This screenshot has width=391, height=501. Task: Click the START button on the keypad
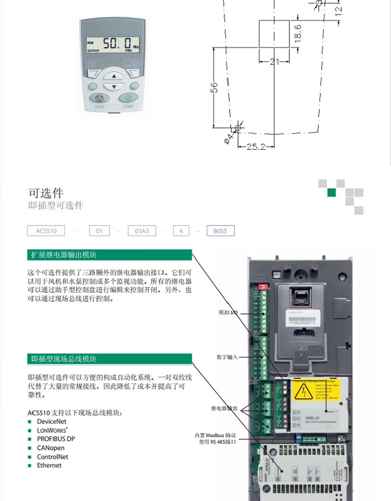click(x=128, y=98)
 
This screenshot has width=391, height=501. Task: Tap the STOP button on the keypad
click(x=100, y=98)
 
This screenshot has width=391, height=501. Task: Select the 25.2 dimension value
click(x=255, y=147)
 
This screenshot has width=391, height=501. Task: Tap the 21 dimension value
click(x=275, y=62)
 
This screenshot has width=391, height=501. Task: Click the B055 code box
click(x=221, y=231)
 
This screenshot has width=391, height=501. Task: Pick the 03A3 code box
click(x=142, y=231)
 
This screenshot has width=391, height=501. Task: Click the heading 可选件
click(x=46, y=194)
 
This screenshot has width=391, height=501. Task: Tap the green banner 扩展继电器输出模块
click(x=109, y=255)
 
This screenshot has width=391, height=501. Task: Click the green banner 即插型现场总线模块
click(x=109, y=359)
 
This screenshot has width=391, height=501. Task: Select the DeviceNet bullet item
click(x=51, y=422)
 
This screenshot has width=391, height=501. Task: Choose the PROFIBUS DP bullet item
click(x=55, y=439)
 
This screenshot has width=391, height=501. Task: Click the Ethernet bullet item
click(x=48, y=466)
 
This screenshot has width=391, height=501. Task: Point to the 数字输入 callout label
click(x=227, y=357)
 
